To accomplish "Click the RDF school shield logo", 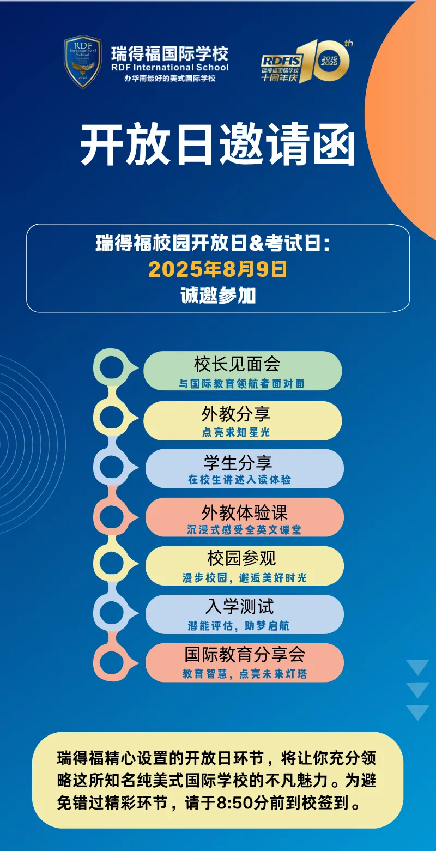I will coord(82,62).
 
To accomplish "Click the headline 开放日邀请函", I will coord(217,144).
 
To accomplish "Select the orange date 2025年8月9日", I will coord(217,269).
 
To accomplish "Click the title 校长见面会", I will coord(237,364).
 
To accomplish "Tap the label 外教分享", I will coord(235,414).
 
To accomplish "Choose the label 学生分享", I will coord(238,463).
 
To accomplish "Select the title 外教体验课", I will coord(244,512).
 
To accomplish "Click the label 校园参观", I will coord(241,558).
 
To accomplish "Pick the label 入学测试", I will coord(239,607).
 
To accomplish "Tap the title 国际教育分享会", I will coord(245,654).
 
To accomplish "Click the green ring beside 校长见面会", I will coord(112,369).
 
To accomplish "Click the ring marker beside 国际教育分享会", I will coord(112,662).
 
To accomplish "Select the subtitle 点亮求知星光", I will coord(235,432).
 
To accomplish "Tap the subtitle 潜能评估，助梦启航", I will coord(239,626).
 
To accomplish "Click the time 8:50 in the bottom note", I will coord(232,803).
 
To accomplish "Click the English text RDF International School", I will coord(170,68).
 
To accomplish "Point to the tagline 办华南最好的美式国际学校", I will coord(170,79).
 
